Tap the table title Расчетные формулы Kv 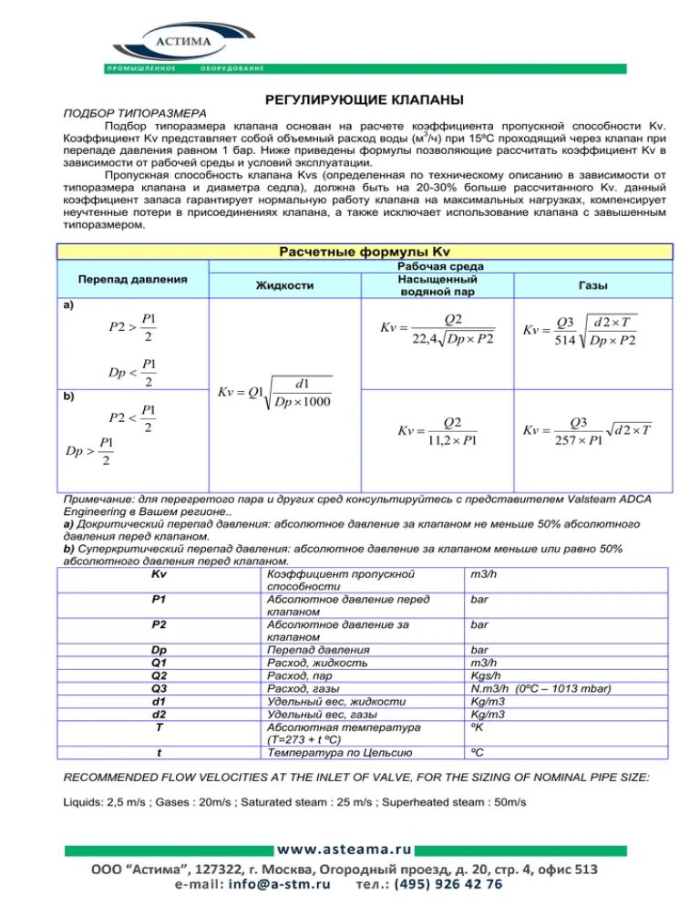pyautogui.click(x=365, y=252)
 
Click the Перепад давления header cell pyautogui.click(x=133, y=278)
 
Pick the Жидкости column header pyautogui.click(x=283, y=285)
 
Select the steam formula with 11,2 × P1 pyautogui.click(x=437, y=431)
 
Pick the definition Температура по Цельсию pyautogui.click(x=338, y=752)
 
